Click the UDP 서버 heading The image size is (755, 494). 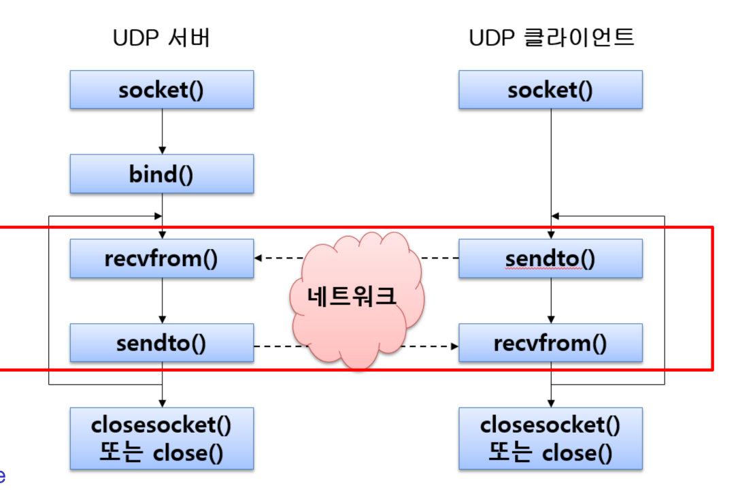tap(162, 38)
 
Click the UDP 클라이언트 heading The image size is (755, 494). tap(551, 38)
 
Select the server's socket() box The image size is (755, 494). tap(162, 90)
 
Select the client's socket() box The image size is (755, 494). tap(550, 90)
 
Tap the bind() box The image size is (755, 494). tap(162, 174)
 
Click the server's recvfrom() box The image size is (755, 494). tap(162, 259)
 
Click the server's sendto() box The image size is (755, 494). tap(162, 343)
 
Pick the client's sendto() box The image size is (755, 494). tap(550, 259)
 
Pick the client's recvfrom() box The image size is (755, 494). tap(550, 343)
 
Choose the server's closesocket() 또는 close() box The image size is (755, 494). tap(162, 438)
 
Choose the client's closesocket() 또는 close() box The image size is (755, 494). tap(550, 438)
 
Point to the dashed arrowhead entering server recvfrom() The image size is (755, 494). tap(259, 259)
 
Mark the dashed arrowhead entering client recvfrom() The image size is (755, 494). tap(454, 346)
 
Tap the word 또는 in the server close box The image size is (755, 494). tap(119, 452)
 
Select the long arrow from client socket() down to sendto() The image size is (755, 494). tap(550, 163)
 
